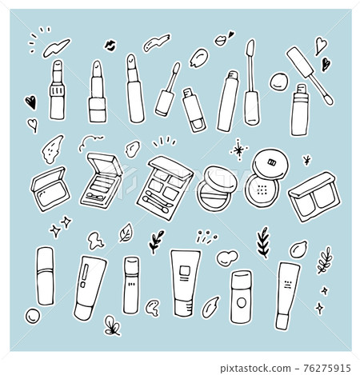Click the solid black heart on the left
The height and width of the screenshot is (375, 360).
coord(31,102)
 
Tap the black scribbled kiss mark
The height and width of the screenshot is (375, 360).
coord(110,46)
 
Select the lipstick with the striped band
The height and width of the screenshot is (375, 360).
coord(57,90)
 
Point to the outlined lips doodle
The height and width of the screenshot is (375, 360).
coord(221,40)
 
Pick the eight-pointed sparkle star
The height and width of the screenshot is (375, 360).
coord(239,150)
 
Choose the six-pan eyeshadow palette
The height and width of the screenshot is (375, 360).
coord(164,188)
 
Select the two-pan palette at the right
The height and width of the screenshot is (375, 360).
coord(315,197)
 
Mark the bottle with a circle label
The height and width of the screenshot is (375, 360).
coord(241,297)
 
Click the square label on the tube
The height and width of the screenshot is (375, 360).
coord(185,270)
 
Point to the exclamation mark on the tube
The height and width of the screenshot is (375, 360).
coord(85,276)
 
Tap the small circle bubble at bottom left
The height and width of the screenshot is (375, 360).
coord(33,316)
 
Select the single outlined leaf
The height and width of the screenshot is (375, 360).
coord(126,233)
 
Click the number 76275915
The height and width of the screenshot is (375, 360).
coord(326,368)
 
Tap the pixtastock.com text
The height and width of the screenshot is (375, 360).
coord(255,369)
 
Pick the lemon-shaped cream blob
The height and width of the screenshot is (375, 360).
coord(298,249)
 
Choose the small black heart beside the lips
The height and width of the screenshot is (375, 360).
coord(231,34)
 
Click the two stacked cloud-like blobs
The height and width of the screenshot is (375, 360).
coord(227,257)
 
